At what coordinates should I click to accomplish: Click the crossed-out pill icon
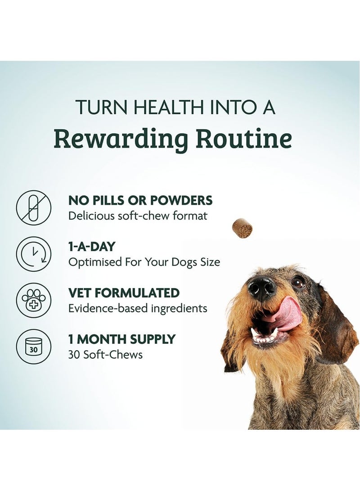[x=33, y=207]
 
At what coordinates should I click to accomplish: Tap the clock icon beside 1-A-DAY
[x=33, y=254]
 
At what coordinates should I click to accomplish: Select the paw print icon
[x=33, y=300]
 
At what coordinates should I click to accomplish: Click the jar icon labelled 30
[x=33, y=346]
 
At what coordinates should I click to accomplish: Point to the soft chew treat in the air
[x=243, y=228]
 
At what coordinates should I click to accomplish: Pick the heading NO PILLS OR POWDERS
[x=140, y=200]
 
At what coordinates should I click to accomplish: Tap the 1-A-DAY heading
[x=92, y=247]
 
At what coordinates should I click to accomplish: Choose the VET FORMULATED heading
[x=124, y=293]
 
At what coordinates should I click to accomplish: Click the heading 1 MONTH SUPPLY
[x=122, y=339]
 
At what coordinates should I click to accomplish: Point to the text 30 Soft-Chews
[x=105, y=355]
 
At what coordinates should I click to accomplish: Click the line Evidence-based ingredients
[x=138, y=309]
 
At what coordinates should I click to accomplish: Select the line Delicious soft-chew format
[x=138, y=216]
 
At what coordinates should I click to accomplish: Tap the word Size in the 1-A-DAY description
[x=210, y=262]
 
